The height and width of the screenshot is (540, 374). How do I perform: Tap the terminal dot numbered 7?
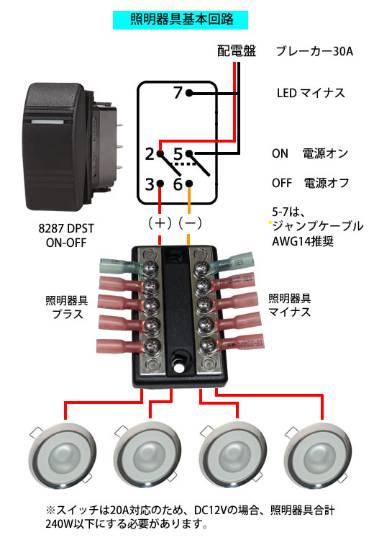tap(189, 93)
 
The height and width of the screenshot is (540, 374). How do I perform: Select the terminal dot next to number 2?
tap(160, 153)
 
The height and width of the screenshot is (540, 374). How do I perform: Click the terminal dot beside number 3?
tap(160, 184)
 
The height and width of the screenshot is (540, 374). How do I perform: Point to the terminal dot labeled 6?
tap(189, 184)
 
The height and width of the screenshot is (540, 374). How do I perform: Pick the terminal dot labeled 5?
tap(189, 153)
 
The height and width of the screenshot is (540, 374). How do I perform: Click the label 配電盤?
tap(237, 51)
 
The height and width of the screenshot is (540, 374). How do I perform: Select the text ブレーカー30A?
tap(314, 51)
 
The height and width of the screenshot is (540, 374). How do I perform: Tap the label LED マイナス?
tap(311, 93)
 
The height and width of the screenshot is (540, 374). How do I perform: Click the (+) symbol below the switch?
tap(160, 223)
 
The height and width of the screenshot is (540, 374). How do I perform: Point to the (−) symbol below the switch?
tap(190, 223)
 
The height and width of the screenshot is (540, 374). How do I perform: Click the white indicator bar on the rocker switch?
tap(47, 122)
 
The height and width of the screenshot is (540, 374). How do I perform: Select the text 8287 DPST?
tap(66, 228)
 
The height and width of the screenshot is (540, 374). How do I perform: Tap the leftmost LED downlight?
tap(63, 454)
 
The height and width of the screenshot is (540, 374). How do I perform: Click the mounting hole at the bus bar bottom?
tap(178, 367)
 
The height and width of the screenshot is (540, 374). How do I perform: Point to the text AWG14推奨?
tap(303, 241)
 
